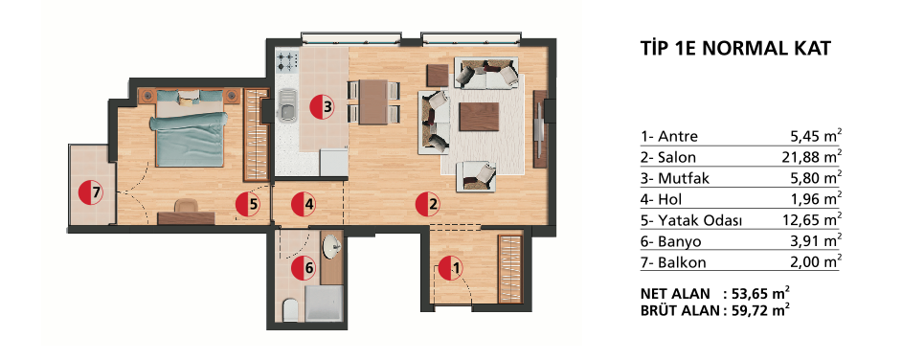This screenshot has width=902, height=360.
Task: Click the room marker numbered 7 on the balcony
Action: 90,192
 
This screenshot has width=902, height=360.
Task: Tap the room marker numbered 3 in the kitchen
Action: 322,106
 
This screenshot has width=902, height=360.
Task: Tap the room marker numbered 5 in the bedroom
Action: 247,204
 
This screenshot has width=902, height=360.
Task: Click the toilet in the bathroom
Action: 290,310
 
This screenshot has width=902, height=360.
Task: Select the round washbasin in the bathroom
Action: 332,248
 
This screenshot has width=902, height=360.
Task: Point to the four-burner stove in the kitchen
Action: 287,59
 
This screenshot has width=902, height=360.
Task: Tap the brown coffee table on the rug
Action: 479,118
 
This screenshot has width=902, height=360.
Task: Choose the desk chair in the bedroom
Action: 186,206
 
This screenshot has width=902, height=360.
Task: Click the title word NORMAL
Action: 748,48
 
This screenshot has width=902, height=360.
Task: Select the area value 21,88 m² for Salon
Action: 816,156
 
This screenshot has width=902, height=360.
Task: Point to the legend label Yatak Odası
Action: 691,221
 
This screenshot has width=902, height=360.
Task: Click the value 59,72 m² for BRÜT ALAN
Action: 760,311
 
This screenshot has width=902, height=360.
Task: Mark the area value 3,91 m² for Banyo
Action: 819,241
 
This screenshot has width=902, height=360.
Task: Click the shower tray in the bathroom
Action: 324,304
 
